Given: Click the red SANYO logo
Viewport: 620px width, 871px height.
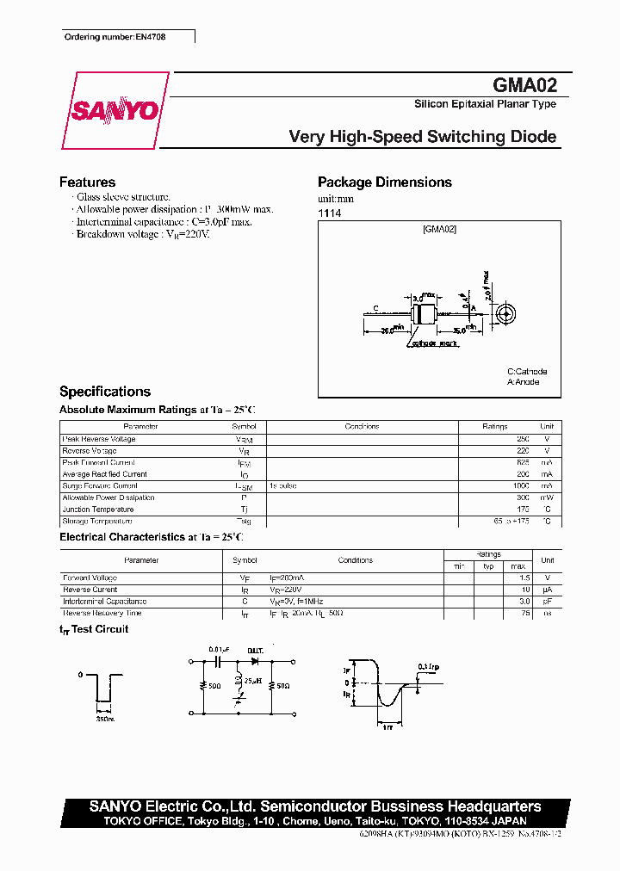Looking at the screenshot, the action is coord(114,111).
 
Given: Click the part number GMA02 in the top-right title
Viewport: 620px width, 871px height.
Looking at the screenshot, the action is coord(524,85).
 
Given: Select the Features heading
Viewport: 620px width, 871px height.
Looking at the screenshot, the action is coord(87,182).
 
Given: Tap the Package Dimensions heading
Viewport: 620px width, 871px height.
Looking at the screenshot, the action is coord(384,182).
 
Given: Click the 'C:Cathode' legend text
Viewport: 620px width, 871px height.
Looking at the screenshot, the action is coord(526,372).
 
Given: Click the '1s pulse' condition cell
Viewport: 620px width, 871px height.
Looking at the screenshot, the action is coord(284,486).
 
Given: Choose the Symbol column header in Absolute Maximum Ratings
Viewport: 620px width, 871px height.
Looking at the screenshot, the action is coord(244,427).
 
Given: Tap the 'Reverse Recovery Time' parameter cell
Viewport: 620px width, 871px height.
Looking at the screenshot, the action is coord(102,614).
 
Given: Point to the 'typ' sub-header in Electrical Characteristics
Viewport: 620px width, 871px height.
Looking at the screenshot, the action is coord(487,565).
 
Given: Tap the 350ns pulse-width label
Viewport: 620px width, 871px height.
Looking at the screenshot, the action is coord(105,717).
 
